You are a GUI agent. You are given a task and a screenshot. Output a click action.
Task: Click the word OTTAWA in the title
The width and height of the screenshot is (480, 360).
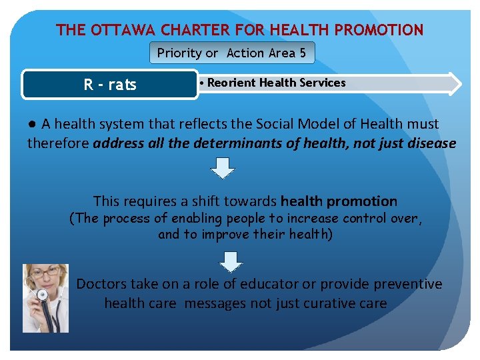117,30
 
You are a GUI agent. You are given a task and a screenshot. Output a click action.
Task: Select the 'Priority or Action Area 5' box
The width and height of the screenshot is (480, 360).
231,53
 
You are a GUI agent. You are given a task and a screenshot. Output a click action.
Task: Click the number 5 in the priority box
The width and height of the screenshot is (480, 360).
303,53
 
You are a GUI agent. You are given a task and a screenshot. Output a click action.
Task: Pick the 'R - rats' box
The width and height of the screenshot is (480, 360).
110,85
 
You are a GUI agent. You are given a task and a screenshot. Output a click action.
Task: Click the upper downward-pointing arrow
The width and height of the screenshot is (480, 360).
223,167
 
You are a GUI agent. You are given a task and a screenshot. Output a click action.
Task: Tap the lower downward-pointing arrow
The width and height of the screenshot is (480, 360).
231,261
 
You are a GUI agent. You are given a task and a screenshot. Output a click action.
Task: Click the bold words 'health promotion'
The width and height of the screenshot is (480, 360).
339,201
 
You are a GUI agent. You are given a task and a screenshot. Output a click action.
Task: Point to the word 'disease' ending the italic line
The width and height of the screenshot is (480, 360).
431,143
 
